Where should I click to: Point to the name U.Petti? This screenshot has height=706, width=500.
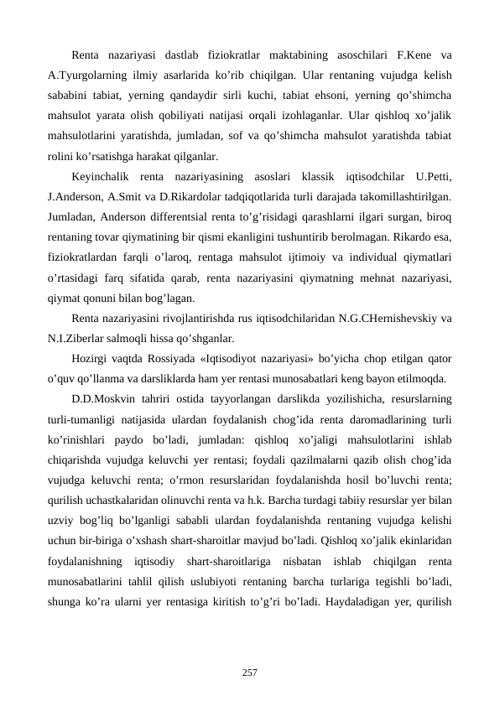coord(435,177)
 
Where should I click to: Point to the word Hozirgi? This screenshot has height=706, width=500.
coord(91,359)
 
